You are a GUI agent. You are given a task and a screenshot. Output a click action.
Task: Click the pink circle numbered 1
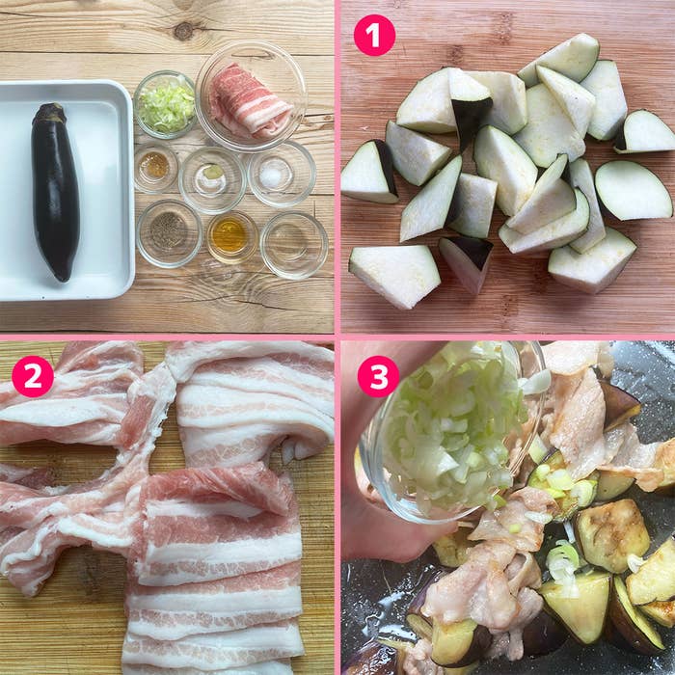coord(374,36)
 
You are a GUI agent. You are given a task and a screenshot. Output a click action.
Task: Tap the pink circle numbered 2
coord(33,376)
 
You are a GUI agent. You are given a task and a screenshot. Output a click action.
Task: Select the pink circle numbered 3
coord(378,376)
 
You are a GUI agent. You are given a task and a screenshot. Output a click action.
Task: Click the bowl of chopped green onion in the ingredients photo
coord(165,104)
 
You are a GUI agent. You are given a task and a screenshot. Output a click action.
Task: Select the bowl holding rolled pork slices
coord(251,96)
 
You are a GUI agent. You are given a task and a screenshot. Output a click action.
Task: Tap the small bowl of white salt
coord(282,174)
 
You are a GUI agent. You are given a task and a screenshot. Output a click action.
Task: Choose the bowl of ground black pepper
coord(169,233)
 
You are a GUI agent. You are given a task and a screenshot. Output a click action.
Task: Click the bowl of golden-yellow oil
coord(232,237)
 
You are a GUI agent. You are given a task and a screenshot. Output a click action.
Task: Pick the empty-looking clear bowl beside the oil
coord(294,245)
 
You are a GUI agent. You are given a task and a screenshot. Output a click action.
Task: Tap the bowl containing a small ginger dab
coord(212,180)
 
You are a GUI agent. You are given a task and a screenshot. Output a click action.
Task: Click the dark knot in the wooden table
coord(184,31)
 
